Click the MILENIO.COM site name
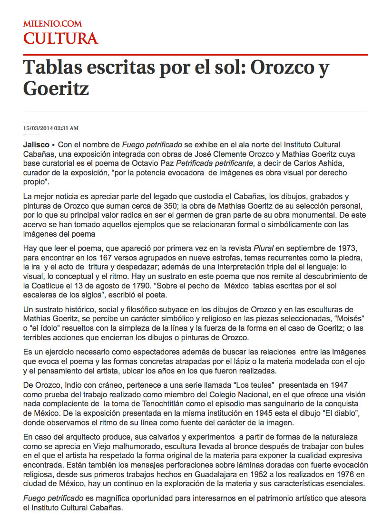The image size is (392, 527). tap(52, 23)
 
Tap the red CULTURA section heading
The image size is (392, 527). tap(60, 38)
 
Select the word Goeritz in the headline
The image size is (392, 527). tap(56, 88)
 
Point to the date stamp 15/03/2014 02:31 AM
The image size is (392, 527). tap(51, 128)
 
